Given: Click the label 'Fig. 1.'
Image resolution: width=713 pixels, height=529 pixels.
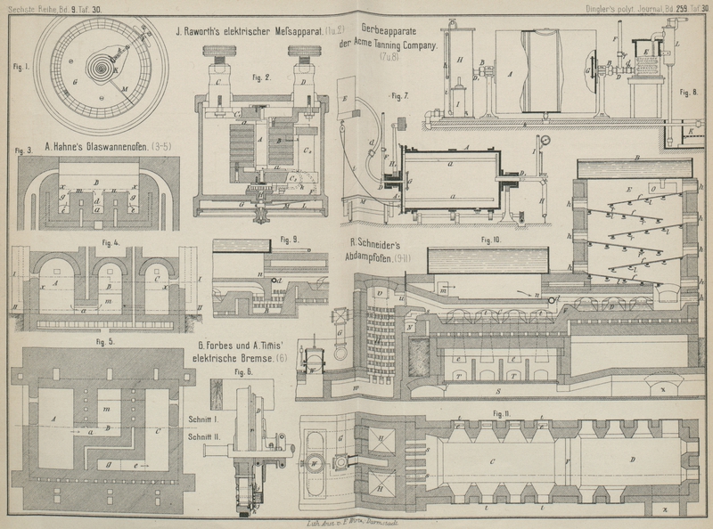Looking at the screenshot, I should tap(16, 66).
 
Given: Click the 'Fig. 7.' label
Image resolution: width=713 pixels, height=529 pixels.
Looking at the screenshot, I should tap(398, 94).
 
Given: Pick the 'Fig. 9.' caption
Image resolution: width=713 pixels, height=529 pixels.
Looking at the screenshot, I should tap(290, 239).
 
